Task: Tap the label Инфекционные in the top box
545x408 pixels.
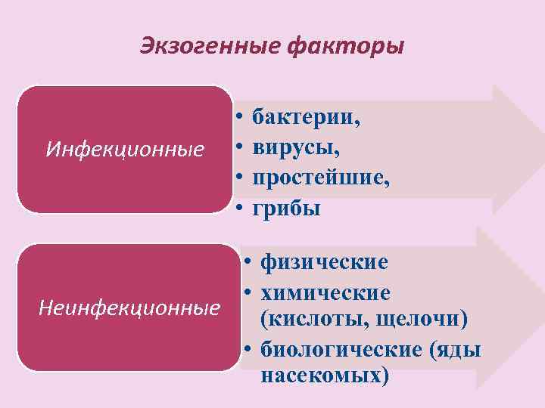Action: [x=125, y=150]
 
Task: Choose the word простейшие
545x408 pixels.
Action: [x=321, y=178]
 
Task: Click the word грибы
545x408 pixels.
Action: [x=287, y=208]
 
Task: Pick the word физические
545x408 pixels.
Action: [x=324, y=262]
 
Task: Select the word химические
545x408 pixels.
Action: [x=325, y=292]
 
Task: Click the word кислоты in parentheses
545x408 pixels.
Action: [x=310, y=320]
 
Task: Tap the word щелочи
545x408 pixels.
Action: [x=419, y=320]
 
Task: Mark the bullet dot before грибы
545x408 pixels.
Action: [x=238, y=209]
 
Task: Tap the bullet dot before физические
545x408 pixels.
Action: [x=248, y=263]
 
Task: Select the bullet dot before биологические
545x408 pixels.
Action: [x=248, y=349]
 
